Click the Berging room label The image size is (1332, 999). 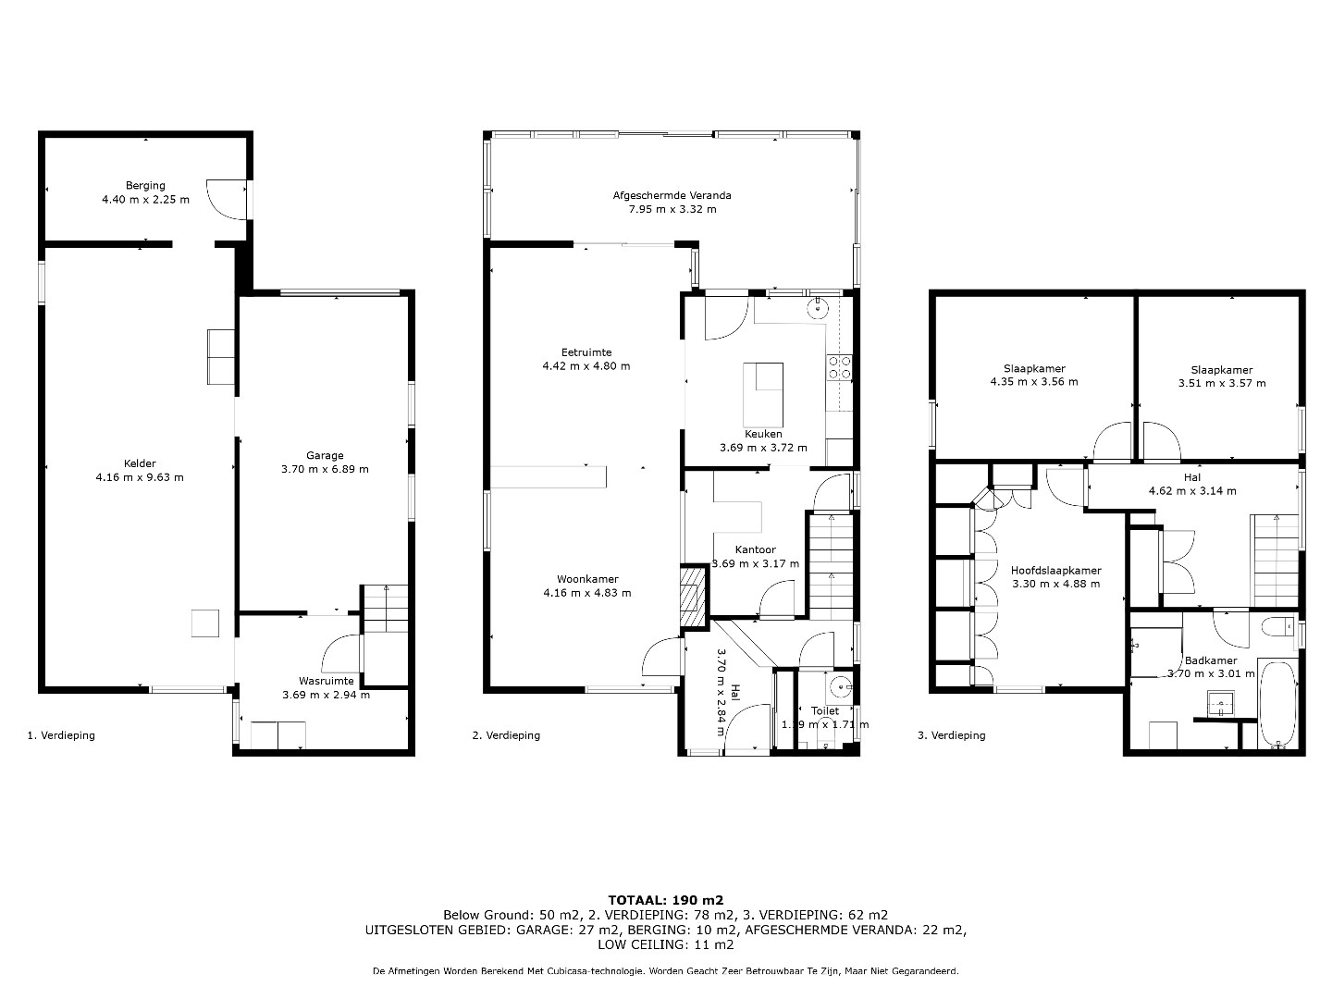pyautogui.click(x=145, y=186)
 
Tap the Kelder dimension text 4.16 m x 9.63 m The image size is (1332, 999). pyautogui.click(x=140, y=477)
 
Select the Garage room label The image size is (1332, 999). pyautogui.click(x=325, y=455)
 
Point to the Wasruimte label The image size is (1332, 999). pyautogui.click(x=326, y=681)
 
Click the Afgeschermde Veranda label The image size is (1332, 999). pyautogui.click(x=672, y=195)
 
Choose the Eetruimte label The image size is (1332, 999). pyautogui.click(x=586, y=352)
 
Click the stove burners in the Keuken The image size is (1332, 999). pyautogui.click(x=839, y=367)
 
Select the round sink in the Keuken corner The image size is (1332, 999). pyautogui.click(x=818, y=307)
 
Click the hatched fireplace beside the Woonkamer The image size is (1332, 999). pyautogui.click(x=693, y=597)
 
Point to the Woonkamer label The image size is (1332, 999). pyautogui.click(x=587, y=579)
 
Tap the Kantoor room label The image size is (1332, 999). pyautogui.click(x=755, y=550)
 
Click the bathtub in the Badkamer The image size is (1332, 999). pyautogui.click(x=1277, y=704)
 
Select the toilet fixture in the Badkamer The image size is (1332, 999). pyautogui.click(x=1277, y=626)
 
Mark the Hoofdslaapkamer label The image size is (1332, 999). pyautogui.click(x=1056, y=571)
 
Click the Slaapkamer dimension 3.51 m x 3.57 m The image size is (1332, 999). pyautogui.click(x=1222, y=383)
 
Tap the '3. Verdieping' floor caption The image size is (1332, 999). pyautogui.click(x=951, y=735)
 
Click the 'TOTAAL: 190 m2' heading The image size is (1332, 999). pyautogui.click(x=666, y=901)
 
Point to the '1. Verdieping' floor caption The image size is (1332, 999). pyautogui.click(x=61, y=735)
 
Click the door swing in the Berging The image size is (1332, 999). pyautogui.click(x=226, y=200)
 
